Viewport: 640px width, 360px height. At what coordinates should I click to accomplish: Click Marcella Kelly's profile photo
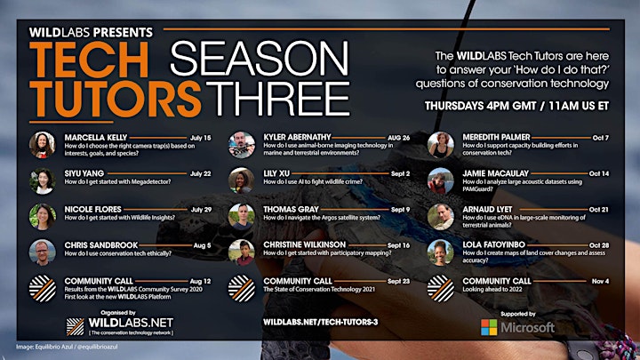pos(42,145)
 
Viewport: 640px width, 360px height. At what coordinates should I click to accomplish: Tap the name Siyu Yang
pos(84,173)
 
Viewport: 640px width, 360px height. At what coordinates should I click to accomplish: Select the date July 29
pos(201,210)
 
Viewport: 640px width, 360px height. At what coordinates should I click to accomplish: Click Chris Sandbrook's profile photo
pos(42,252)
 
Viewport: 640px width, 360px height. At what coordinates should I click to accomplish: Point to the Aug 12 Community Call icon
pos(42,289)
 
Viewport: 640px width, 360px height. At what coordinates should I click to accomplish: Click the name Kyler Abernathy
pos(297,137)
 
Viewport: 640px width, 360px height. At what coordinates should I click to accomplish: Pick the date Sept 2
pos(400,173)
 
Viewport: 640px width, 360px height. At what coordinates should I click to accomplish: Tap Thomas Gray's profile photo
pos(242,216)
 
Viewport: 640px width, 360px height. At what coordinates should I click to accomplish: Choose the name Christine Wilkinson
pos(304,245)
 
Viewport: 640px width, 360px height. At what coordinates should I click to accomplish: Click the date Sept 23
pos(398,281)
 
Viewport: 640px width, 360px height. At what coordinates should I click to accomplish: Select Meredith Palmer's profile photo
pos(440,145)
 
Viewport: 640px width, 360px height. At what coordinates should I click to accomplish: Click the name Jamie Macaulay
pos(495,173)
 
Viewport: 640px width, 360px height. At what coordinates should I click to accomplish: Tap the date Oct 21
pos(599,210)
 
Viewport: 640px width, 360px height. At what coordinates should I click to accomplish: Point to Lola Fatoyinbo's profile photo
pos(440,252)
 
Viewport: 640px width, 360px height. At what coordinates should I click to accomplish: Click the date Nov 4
pos(600,281)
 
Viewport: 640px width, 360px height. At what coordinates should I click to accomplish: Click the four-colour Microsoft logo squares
pos(489,327)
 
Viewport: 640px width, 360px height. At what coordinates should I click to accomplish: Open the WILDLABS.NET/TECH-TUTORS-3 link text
pos(320,322)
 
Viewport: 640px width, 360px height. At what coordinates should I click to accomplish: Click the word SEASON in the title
pos(260,59)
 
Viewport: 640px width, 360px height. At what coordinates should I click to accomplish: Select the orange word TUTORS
pos(115,99)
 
